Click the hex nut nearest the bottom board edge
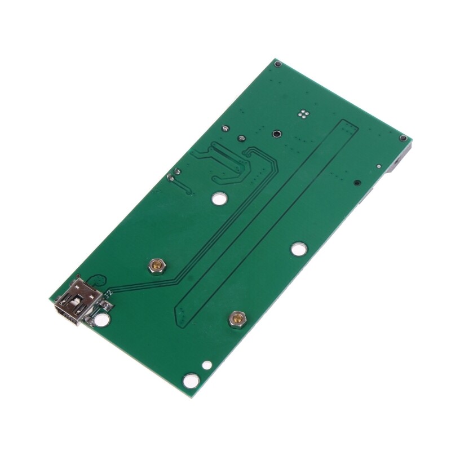pos(236,320)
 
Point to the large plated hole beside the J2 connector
pos(101,321)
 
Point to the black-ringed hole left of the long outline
pos(277,134)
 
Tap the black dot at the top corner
pos(277,65)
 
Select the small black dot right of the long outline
pos(357,182)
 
